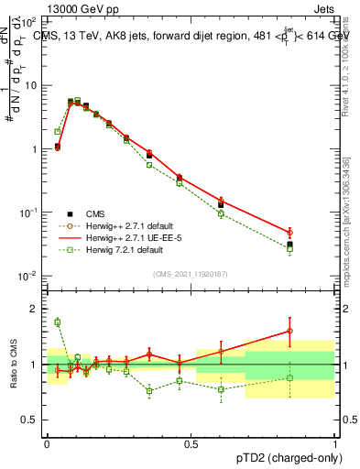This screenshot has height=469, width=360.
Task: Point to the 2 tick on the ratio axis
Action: (34, 309)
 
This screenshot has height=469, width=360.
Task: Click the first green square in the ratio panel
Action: (57, 322)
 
